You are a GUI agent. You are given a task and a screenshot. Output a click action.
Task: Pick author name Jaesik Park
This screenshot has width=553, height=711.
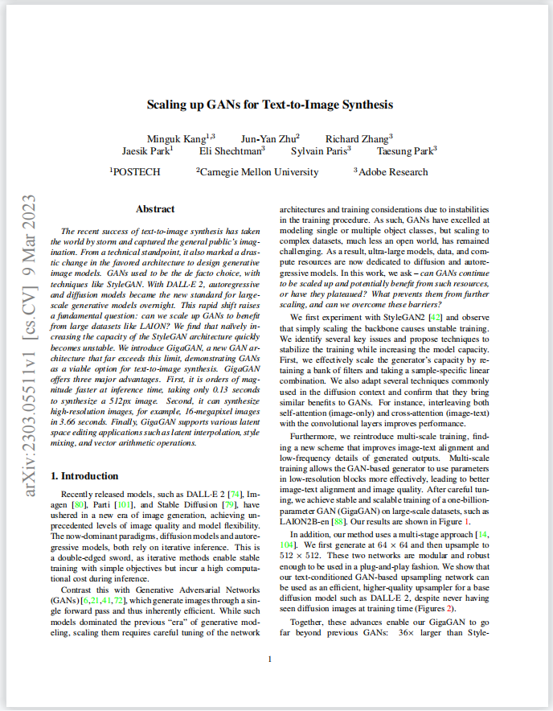[146, 150]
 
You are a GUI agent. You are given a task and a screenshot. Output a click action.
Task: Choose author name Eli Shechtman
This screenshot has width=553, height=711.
[231, 150]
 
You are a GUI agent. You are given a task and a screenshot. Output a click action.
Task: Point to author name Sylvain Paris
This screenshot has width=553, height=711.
[321, 150]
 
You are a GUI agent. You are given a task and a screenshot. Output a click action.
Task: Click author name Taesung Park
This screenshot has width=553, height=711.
[407, 150]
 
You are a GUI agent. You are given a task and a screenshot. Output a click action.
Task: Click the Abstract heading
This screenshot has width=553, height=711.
[155, 209]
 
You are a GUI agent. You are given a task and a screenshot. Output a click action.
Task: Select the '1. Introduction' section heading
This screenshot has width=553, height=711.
[84, 475]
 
